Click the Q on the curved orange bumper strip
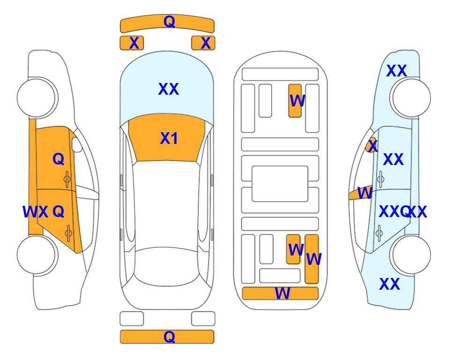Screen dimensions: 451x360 click(x=169, y=21)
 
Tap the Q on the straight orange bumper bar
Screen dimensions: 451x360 click(x=169, y=337)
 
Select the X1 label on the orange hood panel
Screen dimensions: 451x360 click(x=169, y=138)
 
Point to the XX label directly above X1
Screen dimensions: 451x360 click(x=169, y=89)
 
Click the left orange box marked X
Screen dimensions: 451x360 click(x=132, y=43)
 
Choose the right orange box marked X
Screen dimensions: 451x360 click(x=203, y=43)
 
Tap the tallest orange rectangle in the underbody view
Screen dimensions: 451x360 click(x=312, y=259)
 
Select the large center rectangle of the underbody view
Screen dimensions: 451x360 click(x=280, y=184)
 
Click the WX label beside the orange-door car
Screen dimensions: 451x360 click(x=36, y=212)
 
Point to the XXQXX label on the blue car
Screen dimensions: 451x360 click(x=403, y=212)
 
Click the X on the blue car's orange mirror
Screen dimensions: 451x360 click(x=373, y=145)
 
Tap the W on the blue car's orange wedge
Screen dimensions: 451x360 click(x=365, y=193)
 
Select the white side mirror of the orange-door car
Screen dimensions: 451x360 click(x=77, y=144)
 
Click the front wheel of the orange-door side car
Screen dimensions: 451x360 click(x=37, y=98)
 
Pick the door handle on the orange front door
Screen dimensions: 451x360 click(x=67, y=180)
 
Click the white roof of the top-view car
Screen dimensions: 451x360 click(x=166, y=205)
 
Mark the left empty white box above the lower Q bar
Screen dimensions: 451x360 click(x=132, y=319)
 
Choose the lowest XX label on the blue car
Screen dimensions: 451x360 click(x=390, y=284)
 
